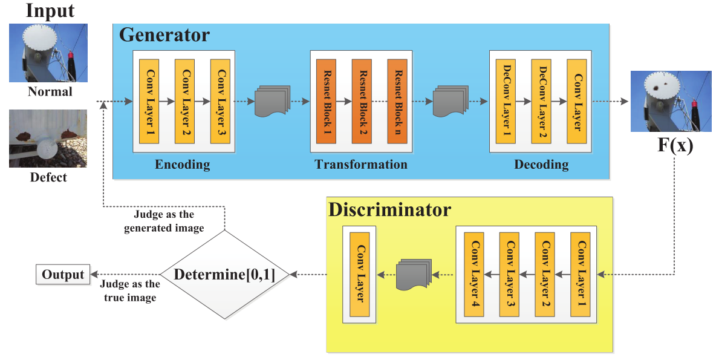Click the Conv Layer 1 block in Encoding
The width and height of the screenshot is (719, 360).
pyautogui.click(x=149, y=101)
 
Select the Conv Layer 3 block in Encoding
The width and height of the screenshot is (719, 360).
pyautogui.click(x=220, y=101)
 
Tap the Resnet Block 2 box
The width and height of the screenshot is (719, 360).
pyautogui.click(x=362, y=101)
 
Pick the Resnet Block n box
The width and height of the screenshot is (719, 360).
pyautogui.click(x=397, y=101)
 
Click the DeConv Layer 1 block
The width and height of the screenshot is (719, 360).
pyautogui.click(x=505, y=101)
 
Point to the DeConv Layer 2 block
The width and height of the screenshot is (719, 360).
pyautogui.click(x=541, y=101)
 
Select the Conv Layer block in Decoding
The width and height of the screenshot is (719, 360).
pyautogui.click(x=576, y=101)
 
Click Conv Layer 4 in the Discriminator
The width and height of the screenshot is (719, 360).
pyautogui.click(x=473, y=276)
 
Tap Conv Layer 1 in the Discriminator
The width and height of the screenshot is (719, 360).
pyautogui.click(x=581, y=276)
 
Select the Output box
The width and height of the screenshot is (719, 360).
pyautogui.click(x=63, y=275)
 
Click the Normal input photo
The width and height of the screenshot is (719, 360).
pyautogui.click(x=48, y=53)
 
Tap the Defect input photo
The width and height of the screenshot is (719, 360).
pyautogui.click(x=48, y=139)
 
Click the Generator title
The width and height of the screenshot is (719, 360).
pyautogui.click(x=164, y=35)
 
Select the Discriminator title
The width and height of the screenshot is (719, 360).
pyautogui.click(x=389, y=210)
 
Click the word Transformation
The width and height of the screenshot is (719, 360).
pyautogui.click(x=361, y=165)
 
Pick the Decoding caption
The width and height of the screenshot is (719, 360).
pyautogui.click(x=541, y=165)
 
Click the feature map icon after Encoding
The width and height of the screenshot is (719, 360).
pyautogui.click(x=270, y=102)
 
